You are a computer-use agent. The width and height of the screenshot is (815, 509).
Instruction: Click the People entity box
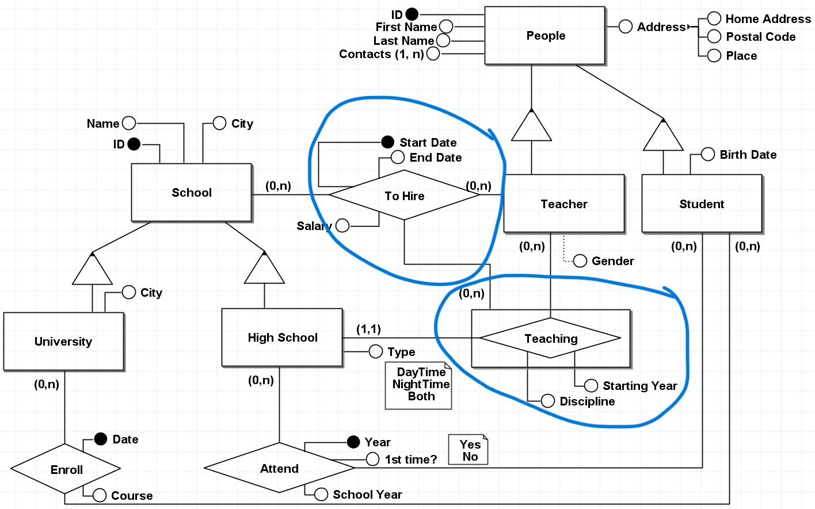click(544, 36)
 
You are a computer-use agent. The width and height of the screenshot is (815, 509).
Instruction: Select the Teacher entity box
click(563, 204)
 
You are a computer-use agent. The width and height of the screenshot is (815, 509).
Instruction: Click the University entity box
click(63, 341)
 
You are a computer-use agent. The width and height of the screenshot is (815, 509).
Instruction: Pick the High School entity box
click(282, 337)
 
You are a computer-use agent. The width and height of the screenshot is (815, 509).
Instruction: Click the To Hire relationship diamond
click(404, 196)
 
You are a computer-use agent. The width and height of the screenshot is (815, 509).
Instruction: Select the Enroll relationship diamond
click(66, 469)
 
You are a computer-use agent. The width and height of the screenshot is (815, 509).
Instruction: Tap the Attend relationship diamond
click(279, 468)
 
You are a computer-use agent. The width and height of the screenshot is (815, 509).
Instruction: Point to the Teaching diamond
click(550, 338)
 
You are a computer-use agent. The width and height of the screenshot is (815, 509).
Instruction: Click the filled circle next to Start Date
click(388, 142)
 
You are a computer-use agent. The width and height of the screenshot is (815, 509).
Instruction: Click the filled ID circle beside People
click(412, 14)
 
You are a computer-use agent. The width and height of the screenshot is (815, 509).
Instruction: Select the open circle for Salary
click(342, 225)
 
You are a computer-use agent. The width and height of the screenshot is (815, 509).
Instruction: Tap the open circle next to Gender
click(580, 261)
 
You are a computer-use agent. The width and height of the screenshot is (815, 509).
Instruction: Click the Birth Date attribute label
click(748, 155)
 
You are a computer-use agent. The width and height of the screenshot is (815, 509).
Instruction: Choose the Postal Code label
click(760, 37)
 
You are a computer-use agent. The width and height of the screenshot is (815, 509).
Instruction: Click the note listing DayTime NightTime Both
click(419, 385)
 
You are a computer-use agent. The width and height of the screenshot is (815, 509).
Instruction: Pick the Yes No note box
click(469, 450)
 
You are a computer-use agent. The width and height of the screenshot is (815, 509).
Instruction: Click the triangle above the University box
click(92, 269)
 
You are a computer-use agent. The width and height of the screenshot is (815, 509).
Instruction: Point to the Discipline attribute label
click(587, 401)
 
